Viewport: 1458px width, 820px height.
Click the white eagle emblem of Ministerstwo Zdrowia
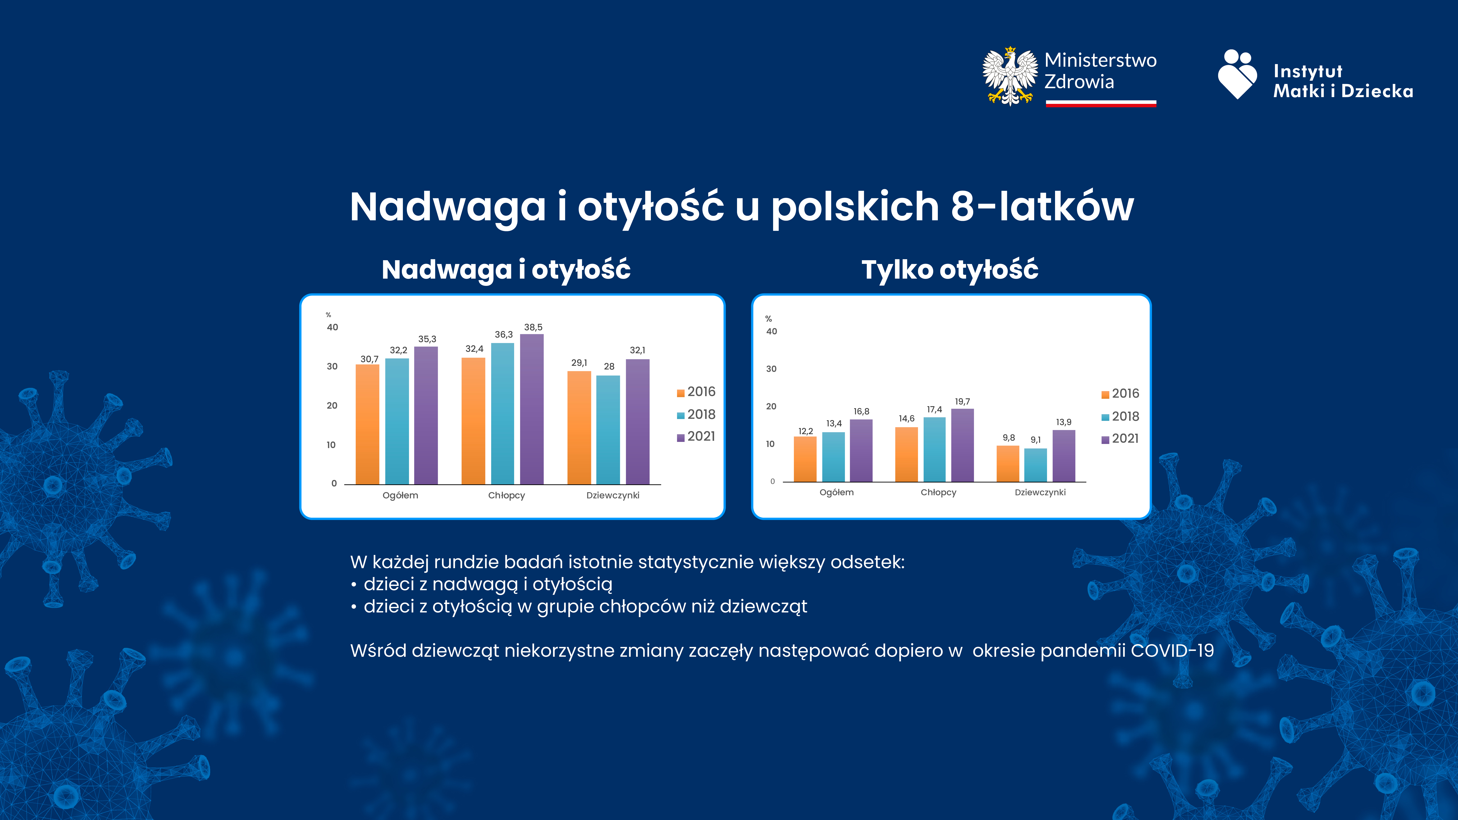coord(1010,76)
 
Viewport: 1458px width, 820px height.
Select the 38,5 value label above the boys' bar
coord(533,327)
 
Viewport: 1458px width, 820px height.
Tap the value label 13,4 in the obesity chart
coord(834,423)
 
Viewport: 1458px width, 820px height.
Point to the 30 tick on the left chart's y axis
coord(332,366)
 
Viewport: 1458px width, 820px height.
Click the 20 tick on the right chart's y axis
coord(771,406)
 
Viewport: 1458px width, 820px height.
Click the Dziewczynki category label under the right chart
coord(1040,492)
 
